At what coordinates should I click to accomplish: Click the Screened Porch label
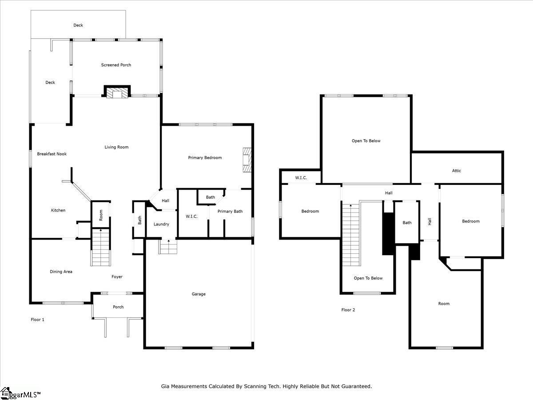(x=116, y=65)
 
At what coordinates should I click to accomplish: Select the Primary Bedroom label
(x=205, y=158)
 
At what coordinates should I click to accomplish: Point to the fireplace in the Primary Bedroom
(x=247, y=160)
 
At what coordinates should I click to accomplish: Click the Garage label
(x=199, y=294)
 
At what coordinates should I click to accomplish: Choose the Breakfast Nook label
(x=52, y=154)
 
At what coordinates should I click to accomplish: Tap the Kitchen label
(x=58, y=210)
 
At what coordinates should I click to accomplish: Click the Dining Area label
(x=61, y=272)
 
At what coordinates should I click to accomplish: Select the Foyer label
(x=117, y=277)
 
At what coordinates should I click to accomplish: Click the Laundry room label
(x=161, y=224)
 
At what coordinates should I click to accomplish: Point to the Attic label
(x=457, y=171)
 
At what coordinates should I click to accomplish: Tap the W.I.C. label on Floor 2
(x=301, y=178)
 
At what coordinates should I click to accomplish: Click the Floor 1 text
(x=37, y=320)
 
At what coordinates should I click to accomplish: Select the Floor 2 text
(x=348, y=310)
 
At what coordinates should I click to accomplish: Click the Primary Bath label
(x=230, y=212)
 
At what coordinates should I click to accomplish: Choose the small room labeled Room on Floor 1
(x=101, y=215)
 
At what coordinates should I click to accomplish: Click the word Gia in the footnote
(x=165, y=387)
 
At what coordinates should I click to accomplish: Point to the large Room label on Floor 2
(x=444, y=304)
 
